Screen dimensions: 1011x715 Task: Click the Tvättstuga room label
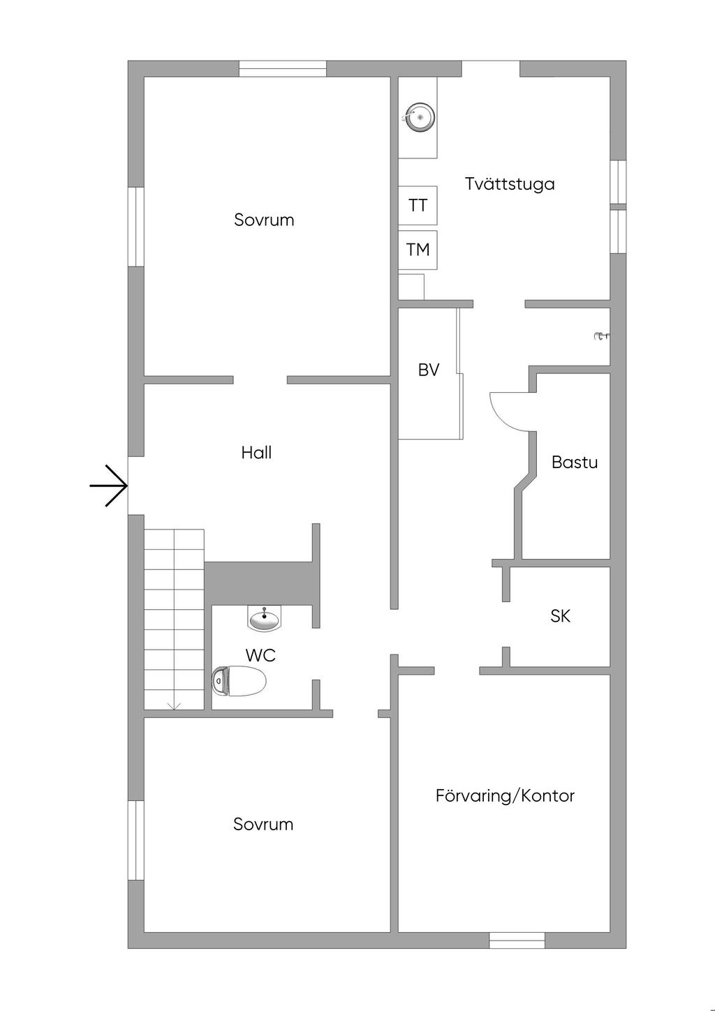[x=510, y=184]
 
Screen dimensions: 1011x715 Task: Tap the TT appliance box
[x=418, y=205]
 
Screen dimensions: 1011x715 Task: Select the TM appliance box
[x=418, y=250]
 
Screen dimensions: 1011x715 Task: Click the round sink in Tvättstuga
[x=420, y=117]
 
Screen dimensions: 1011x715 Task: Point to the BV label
[x=429, y=370]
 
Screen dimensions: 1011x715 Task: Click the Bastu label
[x=574, y=462]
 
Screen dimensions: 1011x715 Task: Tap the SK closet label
[x=560, y=616]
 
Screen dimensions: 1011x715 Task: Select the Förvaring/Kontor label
[x=505, y=795]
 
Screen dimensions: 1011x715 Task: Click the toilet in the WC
[x=239, y=680]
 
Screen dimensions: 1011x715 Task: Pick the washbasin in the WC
[x=265, y=618]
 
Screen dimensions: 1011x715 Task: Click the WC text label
[x=260, y=655]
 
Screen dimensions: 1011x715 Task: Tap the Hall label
[x=256, y=453]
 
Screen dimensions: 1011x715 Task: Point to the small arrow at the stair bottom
[x=175, y=705]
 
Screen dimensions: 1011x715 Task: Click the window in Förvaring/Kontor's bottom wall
[x=517, y=940]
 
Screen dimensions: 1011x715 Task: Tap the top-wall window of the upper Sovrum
[x=283, y=68]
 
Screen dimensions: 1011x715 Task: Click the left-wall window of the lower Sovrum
[x=136, y=840]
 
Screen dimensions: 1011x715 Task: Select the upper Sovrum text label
[x=264, y=220]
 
